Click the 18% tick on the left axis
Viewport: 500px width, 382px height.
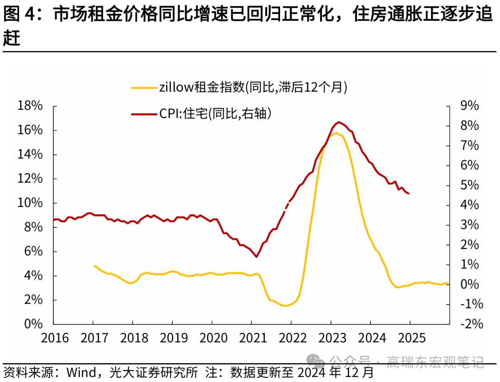click(30, 106)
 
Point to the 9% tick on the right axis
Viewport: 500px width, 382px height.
click(469, 106)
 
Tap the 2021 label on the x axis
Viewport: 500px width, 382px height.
click(253, 338)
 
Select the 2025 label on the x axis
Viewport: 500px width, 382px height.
click(411, 338)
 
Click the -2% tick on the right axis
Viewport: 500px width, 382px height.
click(470, 324)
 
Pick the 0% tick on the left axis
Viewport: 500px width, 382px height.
click(33, 324)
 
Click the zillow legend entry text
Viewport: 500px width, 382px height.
click(253, 87)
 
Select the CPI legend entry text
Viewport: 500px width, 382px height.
click(215, 113)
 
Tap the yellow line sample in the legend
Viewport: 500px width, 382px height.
click(144, 87)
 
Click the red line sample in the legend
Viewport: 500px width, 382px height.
click(144, 113)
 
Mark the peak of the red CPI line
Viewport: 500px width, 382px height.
click(339, 122)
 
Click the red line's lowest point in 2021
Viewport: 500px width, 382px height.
click(256, 257)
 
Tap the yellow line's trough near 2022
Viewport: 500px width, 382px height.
click(286, 306)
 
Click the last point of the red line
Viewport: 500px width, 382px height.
click(408, 194)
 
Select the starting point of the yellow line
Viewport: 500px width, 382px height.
click(94, 266)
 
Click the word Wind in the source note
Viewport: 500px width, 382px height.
click(82, 372)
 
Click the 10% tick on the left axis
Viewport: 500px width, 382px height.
click(30, 203)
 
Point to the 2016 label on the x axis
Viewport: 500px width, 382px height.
click(55, 338)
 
